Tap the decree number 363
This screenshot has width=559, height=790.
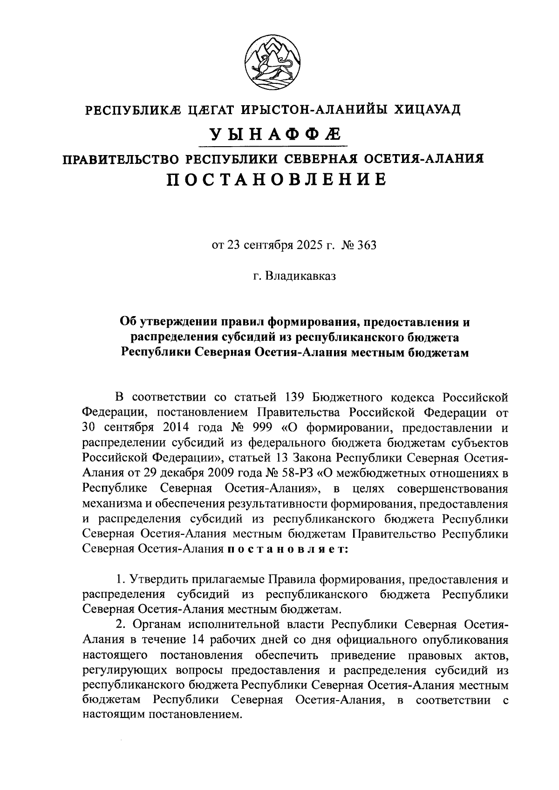366,245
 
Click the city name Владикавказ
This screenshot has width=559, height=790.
300,276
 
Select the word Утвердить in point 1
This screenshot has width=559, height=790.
159,580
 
